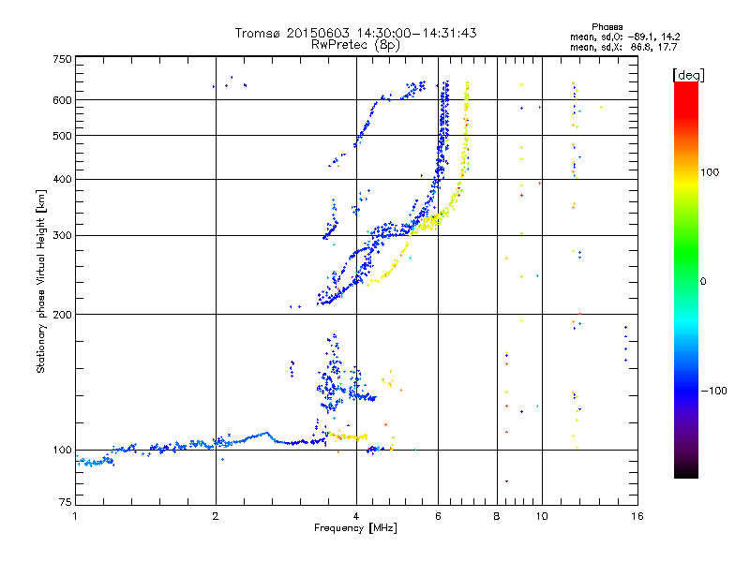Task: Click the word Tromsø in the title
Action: [258, 33]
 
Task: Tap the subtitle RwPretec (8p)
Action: [355, 45]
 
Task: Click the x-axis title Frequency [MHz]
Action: [355, 528]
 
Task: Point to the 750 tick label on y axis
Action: [62, 59]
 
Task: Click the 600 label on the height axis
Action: [62, 100]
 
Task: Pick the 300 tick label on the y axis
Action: [62, 236]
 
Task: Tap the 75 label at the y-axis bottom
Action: [66, 502]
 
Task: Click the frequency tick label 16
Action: [637, 516]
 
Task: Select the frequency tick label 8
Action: [497, 516]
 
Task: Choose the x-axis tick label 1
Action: [75, 516]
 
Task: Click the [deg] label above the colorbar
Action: [688, 75]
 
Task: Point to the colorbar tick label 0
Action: [702, 282]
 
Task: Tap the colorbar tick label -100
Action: [713, 391]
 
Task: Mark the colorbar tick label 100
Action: [710, 172]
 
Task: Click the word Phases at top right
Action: [607, 27]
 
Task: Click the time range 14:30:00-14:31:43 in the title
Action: [416, 33]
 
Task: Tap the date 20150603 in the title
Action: [318, 33]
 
